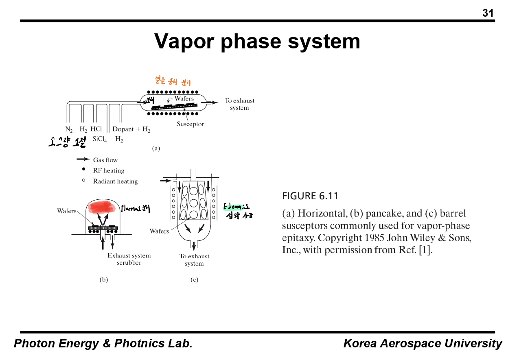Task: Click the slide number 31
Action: click(488, 13)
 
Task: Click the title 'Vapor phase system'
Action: click(257, 41)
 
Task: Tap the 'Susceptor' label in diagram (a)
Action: click(190, 124)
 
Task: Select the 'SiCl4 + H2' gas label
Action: click(108, 139)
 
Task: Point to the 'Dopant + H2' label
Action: click(131, 129)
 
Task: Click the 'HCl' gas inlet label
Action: click(96, 129)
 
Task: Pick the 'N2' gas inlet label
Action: click(69, 130)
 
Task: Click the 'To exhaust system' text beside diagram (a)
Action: click(239, 104)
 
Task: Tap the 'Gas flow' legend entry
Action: click(105, 160)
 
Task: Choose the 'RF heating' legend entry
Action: click(108, 170)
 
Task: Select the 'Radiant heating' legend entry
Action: click(115, 181)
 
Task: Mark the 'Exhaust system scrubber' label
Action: click(129, 259)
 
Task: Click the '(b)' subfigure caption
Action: click(104, 279)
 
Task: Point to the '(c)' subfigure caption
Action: click(194, 279)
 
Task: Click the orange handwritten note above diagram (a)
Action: click(170, 81)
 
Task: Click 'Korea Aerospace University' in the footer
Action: click(423, 343)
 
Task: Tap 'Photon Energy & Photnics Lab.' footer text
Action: click(103, 343)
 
